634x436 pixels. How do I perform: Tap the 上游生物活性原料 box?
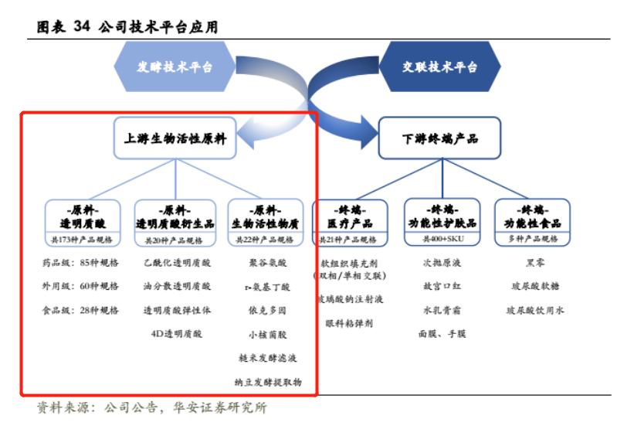[x=175, y=139]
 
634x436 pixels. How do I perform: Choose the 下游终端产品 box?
[x=439, y=139]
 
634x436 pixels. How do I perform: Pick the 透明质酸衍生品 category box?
[x=175, y=223]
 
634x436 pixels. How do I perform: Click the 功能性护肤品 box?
[x=442, y=223]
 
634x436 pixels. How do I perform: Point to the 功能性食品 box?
[x=533, y=223]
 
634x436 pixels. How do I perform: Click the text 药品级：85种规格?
[x=81, y=263]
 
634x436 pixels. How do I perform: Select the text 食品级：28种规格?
[x=81, y=311]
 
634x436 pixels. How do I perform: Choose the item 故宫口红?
[x=442, y=287]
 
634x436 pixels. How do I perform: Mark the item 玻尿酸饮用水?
[x=534, y=311]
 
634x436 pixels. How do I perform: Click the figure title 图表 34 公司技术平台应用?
[x=127, y=27]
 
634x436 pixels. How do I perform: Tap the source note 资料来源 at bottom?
[x=151, y=408]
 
